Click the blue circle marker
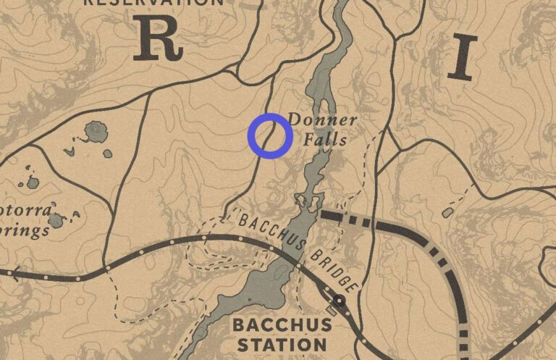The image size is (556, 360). pyautogui.click(x=270, y=135)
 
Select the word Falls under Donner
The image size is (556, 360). pyautogui.click(x=325, y=140)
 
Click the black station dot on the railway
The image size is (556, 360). pyautogui.click(x=337, y=301)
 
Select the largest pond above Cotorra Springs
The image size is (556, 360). pyautogui.click(x=95, y=132)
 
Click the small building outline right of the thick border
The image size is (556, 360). pyautogui.click(x=447, y=212)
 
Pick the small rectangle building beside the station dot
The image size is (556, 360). pyautogui.click(x=331, y=309)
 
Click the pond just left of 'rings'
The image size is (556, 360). pyautogui.click(x=56, y=217)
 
